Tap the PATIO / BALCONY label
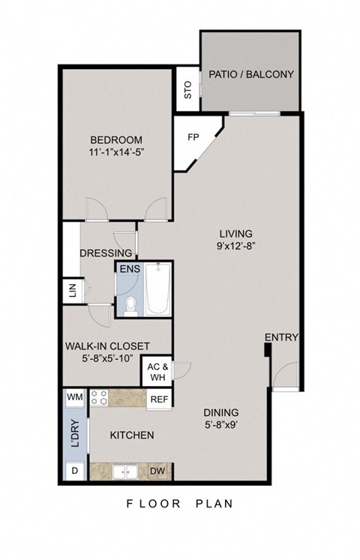pyautogui.click(x=250, y=74)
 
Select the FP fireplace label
pyautogui.click(x=193, y=138)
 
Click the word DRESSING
pyautogui.click(x=106, y=253)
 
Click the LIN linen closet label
pyautogui.click(x=73, y=291)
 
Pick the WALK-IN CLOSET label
pyautogui.click(x=106, y=346)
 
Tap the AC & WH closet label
pyautogui.click(x=157, y=373)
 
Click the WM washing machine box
pyautogui.click(x=75, y=396)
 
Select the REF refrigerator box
pyautogui.click(x=158, y=400)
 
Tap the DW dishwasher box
pyautogui.click(x=157, y=471)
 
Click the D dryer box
pyautogui.click(x=74, y=471)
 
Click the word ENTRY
pyautogui.click(x=282, y=337)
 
